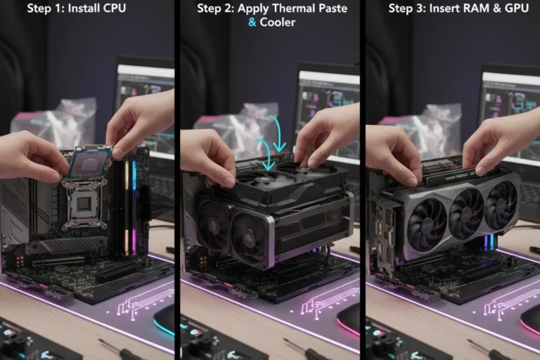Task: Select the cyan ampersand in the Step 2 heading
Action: [252, 22]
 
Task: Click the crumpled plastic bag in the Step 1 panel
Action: [63, 120]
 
